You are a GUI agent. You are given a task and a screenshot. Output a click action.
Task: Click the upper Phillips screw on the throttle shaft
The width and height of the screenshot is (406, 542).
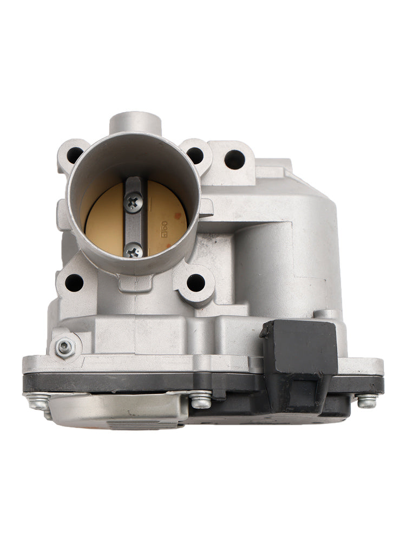[x=133, y=202]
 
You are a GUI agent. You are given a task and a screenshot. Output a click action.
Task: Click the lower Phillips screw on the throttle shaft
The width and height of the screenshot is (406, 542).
[x=133, y=250]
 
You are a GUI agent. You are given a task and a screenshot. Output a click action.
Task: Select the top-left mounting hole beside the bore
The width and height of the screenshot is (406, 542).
[x=75, y=155]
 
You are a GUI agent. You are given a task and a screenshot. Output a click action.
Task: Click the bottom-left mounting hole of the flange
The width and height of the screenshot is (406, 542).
[x=74, y=282]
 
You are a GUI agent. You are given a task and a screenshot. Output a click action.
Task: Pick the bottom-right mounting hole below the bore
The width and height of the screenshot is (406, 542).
[x=195, y=282]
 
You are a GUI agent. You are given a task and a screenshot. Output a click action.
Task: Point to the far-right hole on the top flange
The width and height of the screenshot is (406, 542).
[x=234, y=159]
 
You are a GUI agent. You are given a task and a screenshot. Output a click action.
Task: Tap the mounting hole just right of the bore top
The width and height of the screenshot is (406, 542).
[x=195, y=155]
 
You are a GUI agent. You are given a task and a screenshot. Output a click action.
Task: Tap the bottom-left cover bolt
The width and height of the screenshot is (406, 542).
[x=38, y=402]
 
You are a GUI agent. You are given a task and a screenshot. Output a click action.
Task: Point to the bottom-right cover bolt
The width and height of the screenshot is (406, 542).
[x=366, y=401]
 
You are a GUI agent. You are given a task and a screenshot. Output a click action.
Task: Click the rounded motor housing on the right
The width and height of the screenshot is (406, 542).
[x=287, y=260]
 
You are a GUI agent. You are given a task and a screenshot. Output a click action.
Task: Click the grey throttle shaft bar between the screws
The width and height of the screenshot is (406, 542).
[x=133, y=227]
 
